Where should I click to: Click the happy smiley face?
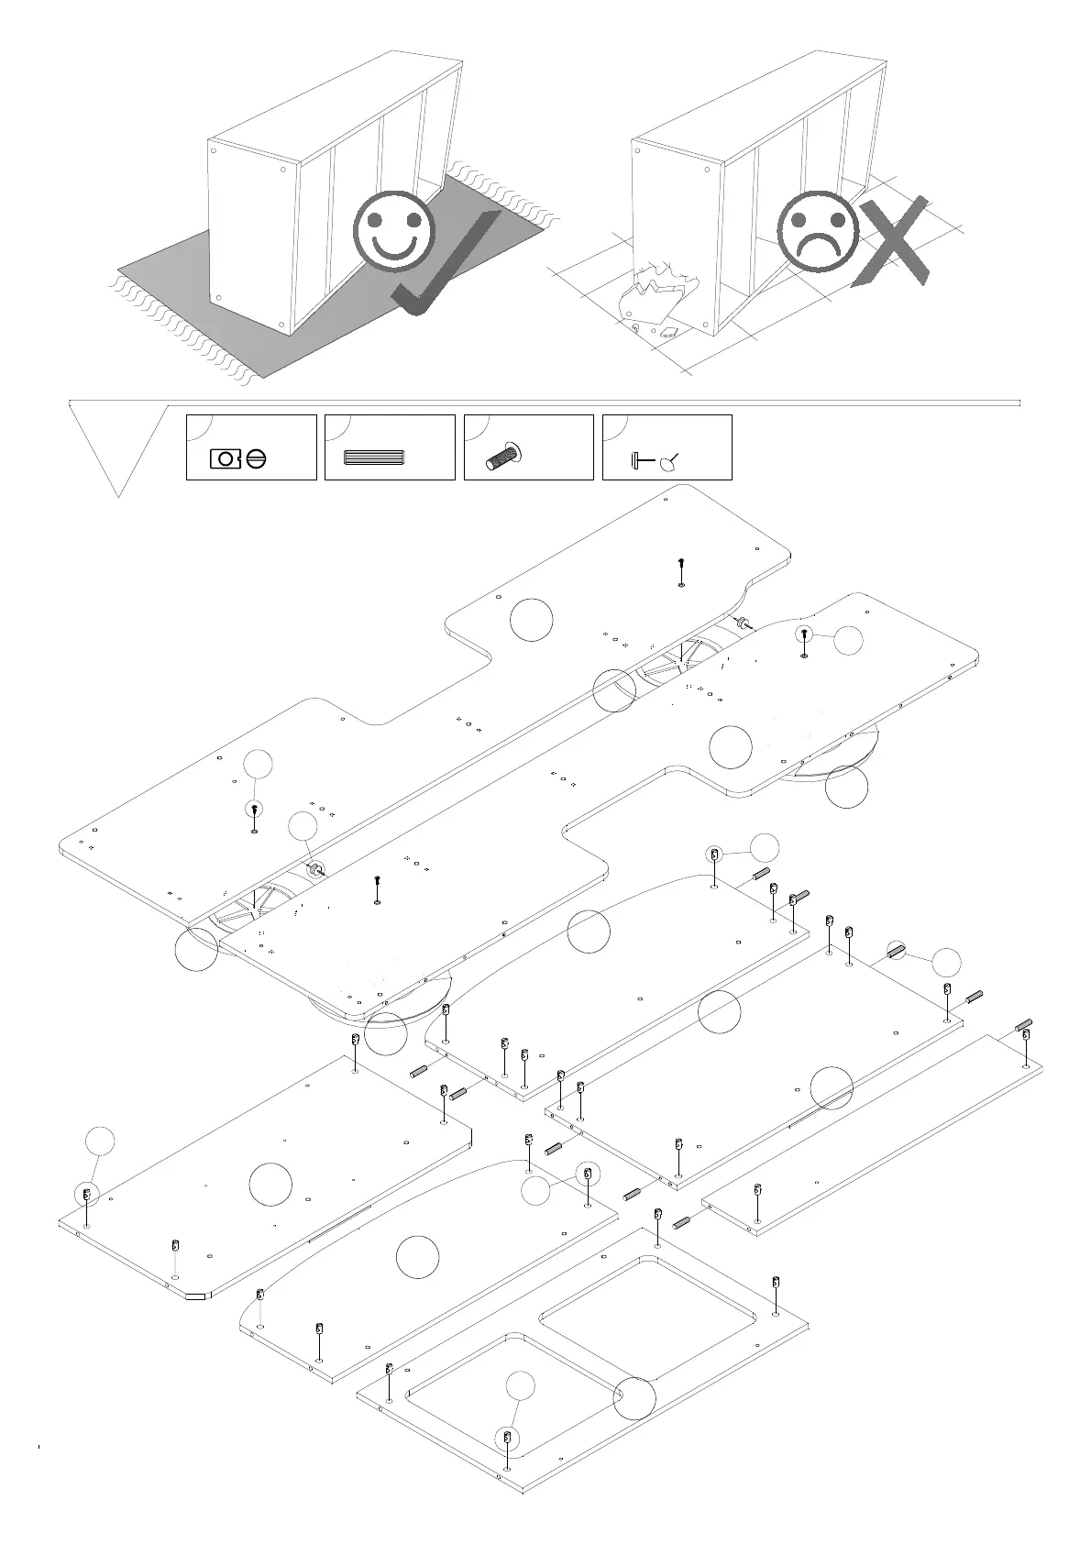tap(396, 230)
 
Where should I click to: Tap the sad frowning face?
tap(817, 230)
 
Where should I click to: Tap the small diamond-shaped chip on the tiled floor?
tap(668, 332)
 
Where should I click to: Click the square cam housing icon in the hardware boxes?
tap(225, 458)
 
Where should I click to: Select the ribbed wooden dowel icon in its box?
tap(373, 458)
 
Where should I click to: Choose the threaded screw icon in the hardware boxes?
tap(503, 457)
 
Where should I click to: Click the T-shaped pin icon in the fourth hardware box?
tap(641, 461)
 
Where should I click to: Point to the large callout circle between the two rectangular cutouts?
tap(634, 1397)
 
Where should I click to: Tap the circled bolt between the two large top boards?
tap(314, 869)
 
